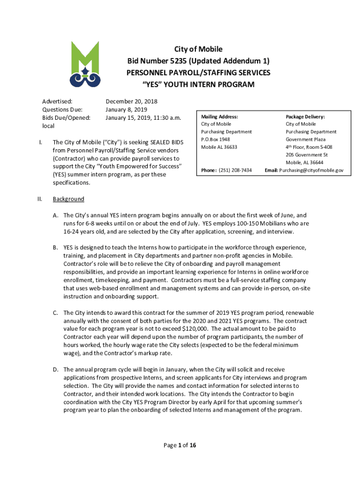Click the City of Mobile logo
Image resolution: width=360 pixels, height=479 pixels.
[x=85, y=65]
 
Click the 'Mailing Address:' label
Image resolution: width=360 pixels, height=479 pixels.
[x=219, y=116]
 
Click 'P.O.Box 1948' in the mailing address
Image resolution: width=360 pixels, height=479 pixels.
[x=216, y=139]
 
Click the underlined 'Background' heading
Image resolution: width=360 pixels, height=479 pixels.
[x=68, y=199]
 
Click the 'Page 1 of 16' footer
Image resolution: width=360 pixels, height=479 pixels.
[x=180, y=445]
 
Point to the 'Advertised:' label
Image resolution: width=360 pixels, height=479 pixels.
[x=58, y=101]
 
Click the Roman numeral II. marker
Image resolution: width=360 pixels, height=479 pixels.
[x=40, y=199]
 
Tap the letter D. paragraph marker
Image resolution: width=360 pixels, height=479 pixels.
[x=55, y=370]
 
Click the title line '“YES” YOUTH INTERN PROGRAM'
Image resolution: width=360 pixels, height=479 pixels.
[x=198, y=85]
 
